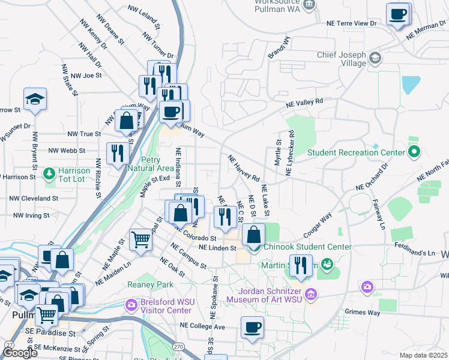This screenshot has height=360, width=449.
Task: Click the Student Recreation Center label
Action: pos(356,152)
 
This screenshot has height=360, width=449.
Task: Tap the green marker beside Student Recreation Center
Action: pos(414,152)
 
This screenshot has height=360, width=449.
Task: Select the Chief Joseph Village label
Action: pos(342,59)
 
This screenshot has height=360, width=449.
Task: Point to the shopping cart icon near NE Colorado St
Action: pos(140,239)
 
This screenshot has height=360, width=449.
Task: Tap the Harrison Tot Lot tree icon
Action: pos(49,174)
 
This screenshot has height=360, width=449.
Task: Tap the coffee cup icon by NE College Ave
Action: pos(252,328)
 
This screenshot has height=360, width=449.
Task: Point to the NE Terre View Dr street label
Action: pos(351,23)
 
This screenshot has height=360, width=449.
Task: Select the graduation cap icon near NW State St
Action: pos(35,99)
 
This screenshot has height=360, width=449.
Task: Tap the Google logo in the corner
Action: pos(20,353)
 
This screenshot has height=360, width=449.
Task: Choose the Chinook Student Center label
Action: pos(306,247)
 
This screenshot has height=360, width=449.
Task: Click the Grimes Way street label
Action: pos(363,312)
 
